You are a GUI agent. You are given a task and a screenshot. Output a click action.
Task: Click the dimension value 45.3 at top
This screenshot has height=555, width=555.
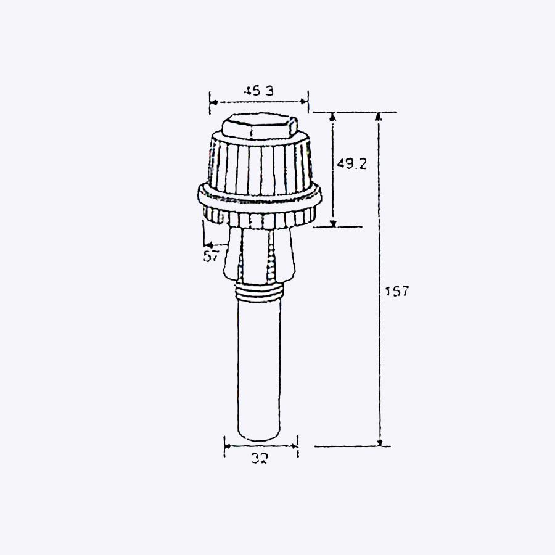click(258, 91)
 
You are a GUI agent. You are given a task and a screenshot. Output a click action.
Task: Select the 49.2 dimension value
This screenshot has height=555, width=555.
click(351, 163)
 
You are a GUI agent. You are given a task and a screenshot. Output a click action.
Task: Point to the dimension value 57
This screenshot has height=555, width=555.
click(212, 257)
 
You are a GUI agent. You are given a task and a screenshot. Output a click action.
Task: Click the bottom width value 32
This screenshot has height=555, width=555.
click(260, 458)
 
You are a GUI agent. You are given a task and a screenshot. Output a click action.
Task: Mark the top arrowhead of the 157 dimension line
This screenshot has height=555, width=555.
click(379, 116)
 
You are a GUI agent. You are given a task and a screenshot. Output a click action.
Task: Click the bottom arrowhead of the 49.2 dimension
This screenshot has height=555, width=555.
click(333, 223)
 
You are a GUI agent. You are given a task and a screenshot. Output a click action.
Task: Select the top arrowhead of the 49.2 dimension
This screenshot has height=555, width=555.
click(333, 116)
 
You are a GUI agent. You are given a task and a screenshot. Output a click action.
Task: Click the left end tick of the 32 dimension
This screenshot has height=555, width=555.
click(224, 445)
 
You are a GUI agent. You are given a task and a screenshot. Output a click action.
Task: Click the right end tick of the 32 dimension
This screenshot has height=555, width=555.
click(297, 445)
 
